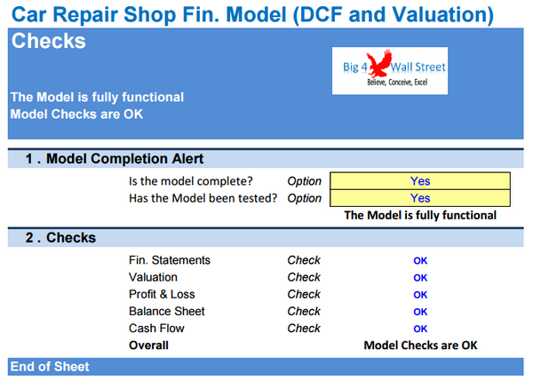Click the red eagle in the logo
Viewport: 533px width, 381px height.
tap(382, 67)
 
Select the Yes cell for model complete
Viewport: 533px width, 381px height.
tap(420, 181)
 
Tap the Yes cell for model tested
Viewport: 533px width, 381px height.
tap(420, 198)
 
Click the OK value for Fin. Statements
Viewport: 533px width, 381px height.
tap(420, 261)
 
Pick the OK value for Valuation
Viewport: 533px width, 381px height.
tap(420, 278)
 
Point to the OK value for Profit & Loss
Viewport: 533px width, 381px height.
tap(420, 295)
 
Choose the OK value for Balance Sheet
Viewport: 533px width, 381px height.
tap(420, 312)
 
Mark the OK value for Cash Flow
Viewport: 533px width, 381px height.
tap(420, 329)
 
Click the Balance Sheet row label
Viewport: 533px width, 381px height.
tap(167, 312)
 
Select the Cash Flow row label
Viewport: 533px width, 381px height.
tap(157, 329)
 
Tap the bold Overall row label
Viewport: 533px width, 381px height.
tap(148, 345)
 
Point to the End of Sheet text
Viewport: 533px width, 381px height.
tap(50, 366)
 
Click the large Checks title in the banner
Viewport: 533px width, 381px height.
tap(48, 42)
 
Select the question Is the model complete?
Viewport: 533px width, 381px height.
tap(203, 181)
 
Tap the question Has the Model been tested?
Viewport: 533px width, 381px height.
tap(203, 198)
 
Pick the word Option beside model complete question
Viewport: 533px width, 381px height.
tap(304, 181)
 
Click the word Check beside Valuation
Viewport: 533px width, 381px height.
tap(304, 278)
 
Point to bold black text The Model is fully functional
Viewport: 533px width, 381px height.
tap(420, 215)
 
